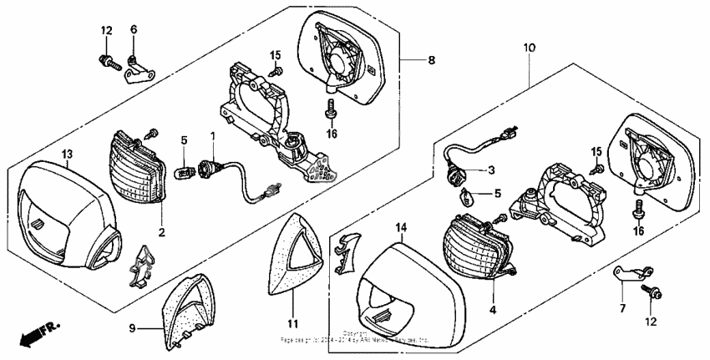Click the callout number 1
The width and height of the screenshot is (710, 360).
pyautogui.click(x=213, y=135)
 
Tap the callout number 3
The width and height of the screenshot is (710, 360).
pyautogui.click(x=491, y=170)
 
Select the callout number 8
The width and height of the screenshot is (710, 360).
pyautogui.click(x=431, y=60)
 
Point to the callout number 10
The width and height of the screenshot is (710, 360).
pyautogui.click(x=530, y=48)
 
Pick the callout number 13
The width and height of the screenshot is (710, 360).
pyautogui.click(x=68, y=153)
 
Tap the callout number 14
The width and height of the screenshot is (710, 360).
pyautogui.click(x=400, y=227)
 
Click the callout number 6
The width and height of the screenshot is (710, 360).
pyautogui.click(x=133, y=30)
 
